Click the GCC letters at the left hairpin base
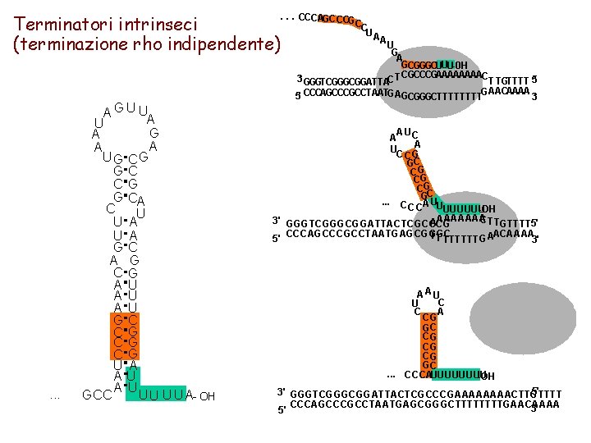[x=96, y=395]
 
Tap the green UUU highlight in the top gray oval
[x=444, y=65]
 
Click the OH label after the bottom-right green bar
[x=488, y=377]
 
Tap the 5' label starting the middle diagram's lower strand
[x=277, y=240]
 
